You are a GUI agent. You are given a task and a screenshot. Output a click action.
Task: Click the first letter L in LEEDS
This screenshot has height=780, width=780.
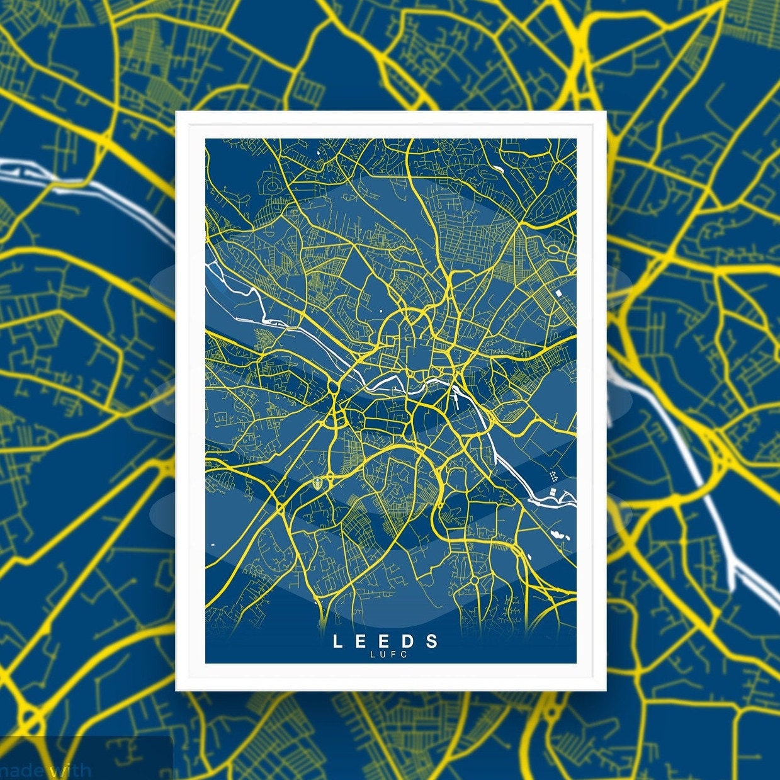(337, 642)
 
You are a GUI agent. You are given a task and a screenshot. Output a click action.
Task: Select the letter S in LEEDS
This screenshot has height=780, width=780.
(432, 642)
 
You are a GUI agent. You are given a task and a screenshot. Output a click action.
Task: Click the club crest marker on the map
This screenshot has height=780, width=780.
(319, 483)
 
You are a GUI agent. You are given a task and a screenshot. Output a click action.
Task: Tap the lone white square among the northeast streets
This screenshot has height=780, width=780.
(558, 293)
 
